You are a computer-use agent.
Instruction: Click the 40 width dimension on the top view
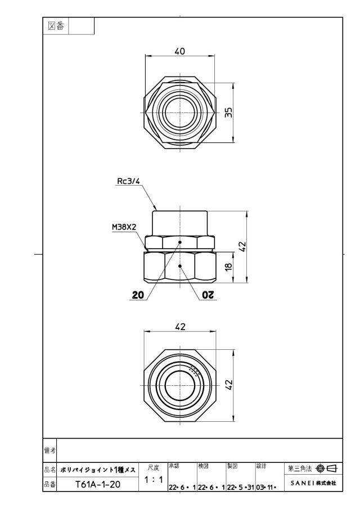click(179, 51)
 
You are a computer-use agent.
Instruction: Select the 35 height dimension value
click(228, 112)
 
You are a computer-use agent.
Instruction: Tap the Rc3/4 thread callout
click(128, 181)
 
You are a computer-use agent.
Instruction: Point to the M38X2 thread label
click(124, 227)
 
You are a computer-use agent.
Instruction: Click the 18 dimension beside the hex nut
click(228, 267)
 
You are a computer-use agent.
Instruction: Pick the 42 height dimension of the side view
click(242, 246)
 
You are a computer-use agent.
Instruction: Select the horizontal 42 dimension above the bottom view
click(180, 327)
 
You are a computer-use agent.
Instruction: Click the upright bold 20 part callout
click(138, 295)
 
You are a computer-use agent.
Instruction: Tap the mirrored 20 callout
click(208, 295)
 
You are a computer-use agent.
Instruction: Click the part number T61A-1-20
click(98, 484)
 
